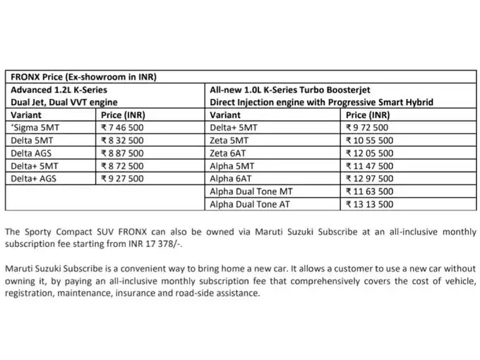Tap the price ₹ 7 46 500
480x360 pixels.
coord(123,128)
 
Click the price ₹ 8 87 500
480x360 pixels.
coord(123,153)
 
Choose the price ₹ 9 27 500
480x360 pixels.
coord(123,179)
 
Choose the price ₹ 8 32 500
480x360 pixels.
coord(123,140)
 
